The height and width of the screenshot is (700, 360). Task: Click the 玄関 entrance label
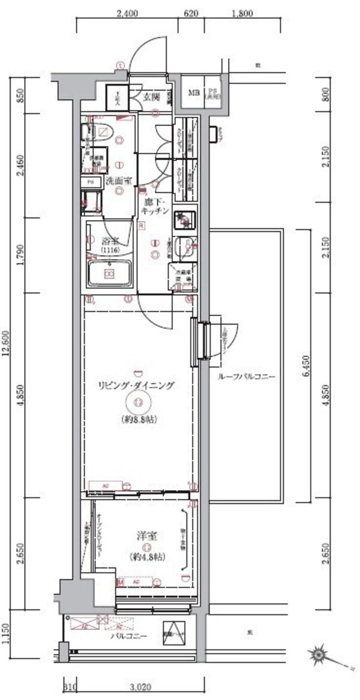pos(151,97)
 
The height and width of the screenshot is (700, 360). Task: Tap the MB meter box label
pos(193,92)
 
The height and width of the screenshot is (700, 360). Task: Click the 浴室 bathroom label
pos(109,242)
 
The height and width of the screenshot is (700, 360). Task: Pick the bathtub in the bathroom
pos(110,274)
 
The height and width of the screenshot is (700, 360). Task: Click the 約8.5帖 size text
pos(138,420)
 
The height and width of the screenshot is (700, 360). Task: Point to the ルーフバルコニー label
pos(247,377)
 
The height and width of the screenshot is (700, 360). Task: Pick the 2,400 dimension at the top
pos(126,11)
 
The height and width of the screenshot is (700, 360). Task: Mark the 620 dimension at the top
pos(191,11)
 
